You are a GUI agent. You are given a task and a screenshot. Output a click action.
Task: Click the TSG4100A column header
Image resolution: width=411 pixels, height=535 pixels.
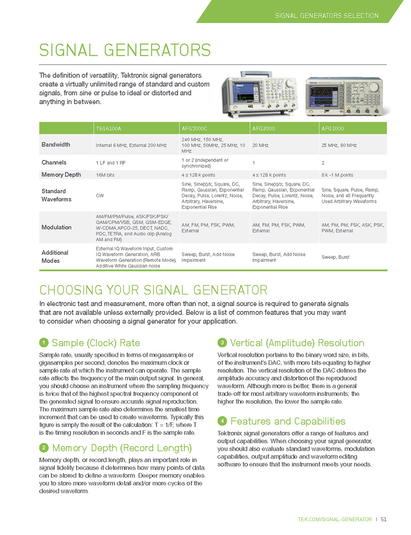[x=109, y=128]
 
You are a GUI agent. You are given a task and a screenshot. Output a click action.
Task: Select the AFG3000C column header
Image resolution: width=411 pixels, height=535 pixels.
[x=194, y=128]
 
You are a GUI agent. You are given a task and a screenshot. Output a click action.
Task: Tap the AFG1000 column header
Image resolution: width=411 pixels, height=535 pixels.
[x=333, y=128]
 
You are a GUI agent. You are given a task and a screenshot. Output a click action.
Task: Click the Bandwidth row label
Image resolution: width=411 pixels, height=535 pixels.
[x=56, y=145]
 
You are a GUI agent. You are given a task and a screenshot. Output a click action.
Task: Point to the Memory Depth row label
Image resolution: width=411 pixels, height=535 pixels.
[x=61, y=175]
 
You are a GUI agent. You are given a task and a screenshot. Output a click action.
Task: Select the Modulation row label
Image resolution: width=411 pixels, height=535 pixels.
[x=57, y=227]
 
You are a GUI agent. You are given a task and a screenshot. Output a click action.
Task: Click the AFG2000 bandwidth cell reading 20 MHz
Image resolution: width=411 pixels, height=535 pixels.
[x=260, y=146]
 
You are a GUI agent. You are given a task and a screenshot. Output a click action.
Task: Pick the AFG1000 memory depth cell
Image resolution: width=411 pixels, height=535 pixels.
[x=337, y=175]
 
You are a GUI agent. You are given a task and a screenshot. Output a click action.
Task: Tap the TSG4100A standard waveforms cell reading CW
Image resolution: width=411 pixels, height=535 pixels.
[x=100, y=196]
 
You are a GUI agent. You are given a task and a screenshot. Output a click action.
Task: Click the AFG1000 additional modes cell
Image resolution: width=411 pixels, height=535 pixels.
[x=335, y=257]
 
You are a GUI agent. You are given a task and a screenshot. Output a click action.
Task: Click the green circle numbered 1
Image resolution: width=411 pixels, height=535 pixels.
[x=44, y=343]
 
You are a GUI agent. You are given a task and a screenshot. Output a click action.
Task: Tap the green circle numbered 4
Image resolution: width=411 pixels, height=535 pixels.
[x=222, y=421]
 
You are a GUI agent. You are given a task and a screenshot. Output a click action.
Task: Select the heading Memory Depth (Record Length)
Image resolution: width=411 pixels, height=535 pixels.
[x=122, y=448]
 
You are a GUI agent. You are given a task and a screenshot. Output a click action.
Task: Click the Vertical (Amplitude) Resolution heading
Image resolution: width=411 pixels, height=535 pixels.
[x=297, y=343]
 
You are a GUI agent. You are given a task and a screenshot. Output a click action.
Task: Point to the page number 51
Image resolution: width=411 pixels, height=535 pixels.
[x=384, y=520]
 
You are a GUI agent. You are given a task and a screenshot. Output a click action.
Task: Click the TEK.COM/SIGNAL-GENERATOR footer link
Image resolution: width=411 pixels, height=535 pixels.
[x=335, y=520]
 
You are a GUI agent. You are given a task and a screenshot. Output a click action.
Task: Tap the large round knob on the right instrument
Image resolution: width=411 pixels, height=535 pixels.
[x=374, y=86]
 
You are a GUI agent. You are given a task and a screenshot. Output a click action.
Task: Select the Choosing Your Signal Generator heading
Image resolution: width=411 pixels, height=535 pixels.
[x=153, y=290]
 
